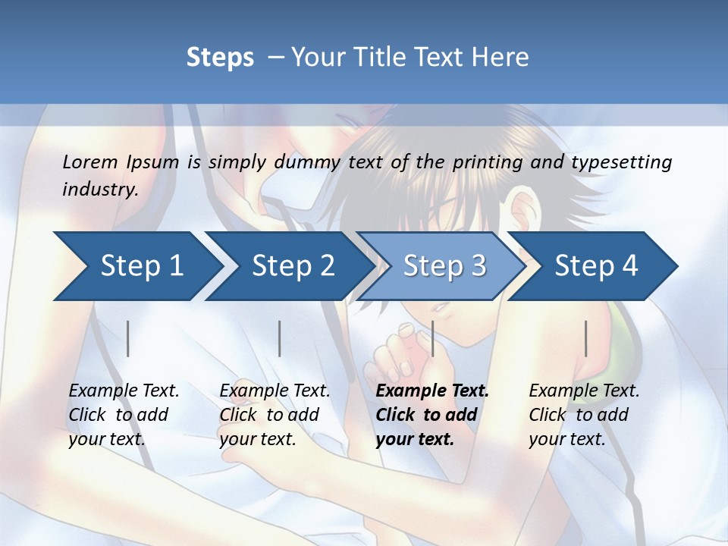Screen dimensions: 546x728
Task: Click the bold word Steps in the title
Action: [x=220, y=58]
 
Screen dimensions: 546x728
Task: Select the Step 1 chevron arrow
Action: [x=136, y=266]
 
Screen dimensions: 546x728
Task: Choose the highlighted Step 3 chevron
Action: [x=444, y=266]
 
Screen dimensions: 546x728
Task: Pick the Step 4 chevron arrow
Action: [x=595, y=266]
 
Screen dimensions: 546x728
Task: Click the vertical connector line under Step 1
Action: [x=128, y=338]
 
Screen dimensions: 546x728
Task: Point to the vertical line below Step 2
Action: [x=280, y=338]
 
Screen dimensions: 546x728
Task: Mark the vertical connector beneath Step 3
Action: [x=433, y=338]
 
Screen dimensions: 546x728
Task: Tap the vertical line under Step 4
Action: [x=586, y=338]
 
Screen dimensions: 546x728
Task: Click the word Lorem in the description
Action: [x=90, y=162]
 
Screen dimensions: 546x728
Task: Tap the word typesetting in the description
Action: [x=621, y=162]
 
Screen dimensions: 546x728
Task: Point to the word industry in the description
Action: [x=100, y=189]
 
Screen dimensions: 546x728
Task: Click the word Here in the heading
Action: [x=500, y=58]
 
